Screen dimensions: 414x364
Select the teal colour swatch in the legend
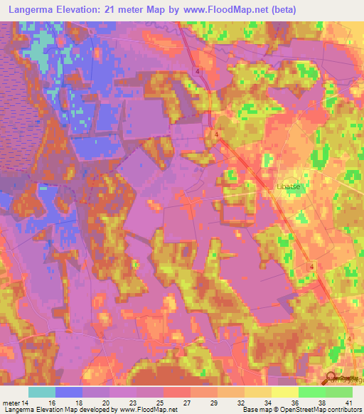pyautogui.click(x=42, y=392)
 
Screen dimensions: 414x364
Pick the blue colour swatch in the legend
pyautogui.click(x=69, y=392)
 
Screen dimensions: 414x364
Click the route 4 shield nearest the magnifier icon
pyautogui.click(x=350, y=339)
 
